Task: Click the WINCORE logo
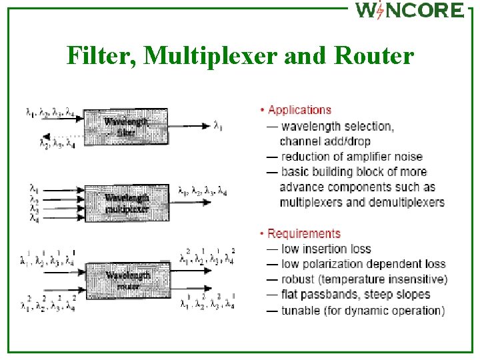409,11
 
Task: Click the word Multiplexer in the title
212,55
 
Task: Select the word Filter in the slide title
99,55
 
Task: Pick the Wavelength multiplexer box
126,203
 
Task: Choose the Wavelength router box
127,280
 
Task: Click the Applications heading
299,110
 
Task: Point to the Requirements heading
304,233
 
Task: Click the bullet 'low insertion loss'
326,249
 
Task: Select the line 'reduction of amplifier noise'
351,157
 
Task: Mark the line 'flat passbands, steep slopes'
355,295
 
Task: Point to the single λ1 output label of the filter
219,124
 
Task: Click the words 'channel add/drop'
325,141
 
